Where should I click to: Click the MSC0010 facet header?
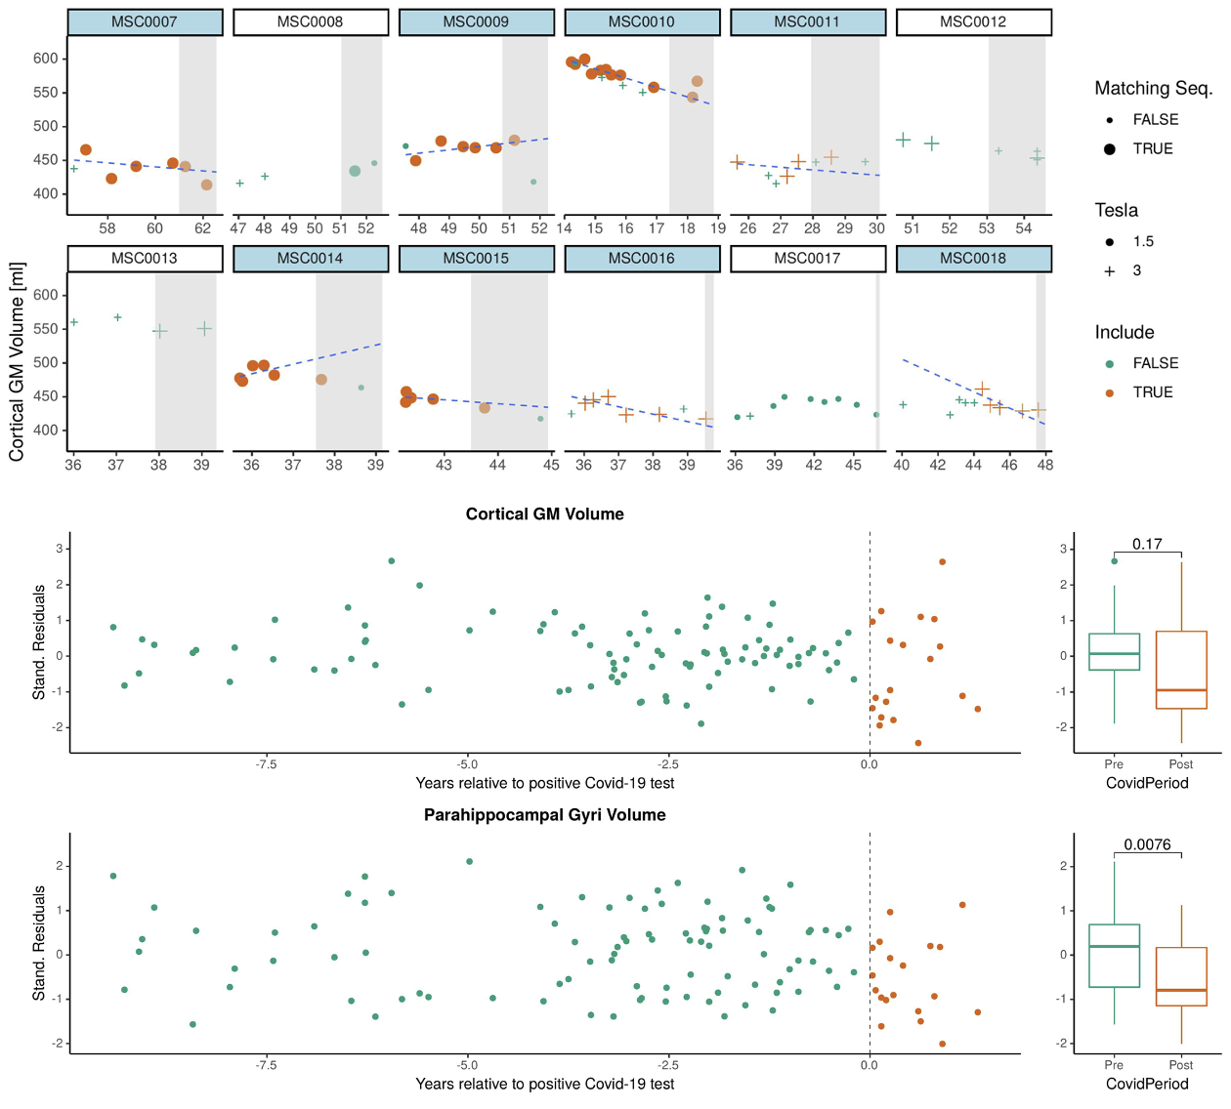(642, 21)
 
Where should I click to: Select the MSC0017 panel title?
(807, 259)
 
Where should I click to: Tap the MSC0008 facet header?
(310, 21)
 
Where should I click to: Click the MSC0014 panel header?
(310, 259)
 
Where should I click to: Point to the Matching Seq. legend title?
(1153, 89)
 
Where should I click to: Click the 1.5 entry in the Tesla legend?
(1143, 241)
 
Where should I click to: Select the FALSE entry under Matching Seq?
(1155, 119)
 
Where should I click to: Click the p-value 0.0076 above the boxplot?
(1147, 844)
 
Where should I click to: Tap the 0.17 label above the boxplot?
(1147, 544)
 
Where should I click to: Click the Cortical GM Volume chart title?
(544, 514)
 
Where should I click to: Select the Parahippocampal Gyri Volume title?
(544, 815)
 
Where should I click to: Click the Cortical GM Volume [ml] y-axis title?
(17, 361)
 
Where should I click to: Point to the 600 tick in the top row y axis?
(46, 59)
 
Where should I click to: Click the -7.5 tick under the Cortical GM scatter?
(266, 764)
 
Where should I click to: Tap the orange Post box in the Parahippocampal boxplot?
(1181, 976)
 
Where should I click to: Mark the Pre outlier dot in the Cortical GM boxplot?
(1114, 561)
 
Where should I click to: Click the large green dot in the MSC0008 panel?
(355, 171)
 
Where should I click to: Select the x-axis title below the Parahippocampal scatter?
(544, 1084)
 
